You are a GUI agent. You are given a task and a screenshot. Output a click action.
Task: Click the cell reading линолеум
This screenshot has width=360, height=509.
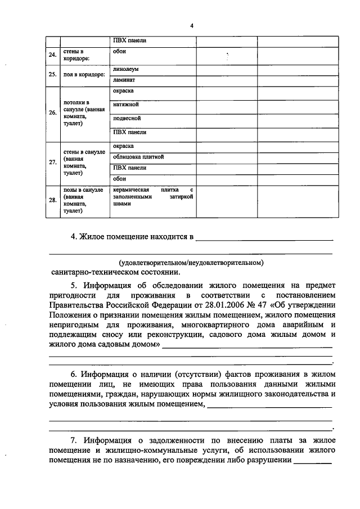(x=125, y=70)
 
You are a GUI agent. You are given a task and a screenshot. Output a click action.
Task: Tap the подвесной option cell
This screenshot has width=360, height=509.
(x=127, y=119)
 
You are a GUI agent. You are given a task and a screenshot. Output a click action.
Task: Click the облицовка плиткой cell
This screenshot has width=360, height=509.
(x=138, y=157)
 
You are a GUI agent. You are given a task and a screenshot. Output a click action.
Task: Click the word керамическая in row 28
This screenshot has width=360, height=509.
(x=132, y=190)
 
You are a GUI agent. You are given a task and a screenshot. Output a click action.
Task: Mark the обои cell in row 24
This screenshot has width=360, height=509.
(x=119, y=51)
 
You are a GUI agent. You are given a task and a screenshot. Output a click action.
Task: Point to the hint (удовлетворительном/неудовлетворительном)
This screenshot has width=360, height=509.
(x=191, y=262)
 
